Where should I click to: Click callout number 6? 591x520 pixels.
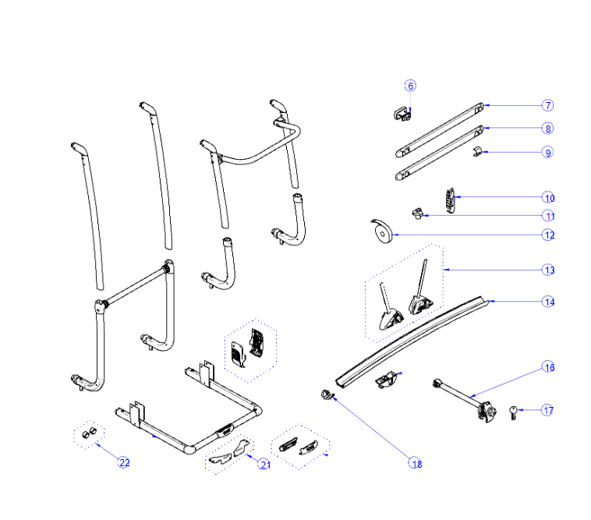tap(410, 86)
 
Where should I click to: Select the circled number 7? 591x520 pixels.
tap(547, 105)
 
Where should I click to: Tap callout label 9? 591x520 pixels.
tap(547, 153)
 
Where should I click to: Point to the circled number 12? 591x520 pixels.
tap(549, 235)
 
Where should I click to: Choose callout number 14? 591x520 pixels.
tap(549, 302)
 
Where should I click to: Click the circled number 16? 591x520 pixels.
tap(549, 367)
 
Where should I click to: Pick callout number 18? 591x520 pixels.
tap(416, 463)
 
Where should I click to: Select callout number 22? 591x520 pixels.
tap(124, 462)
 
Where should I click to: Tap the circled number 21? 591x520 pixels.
tap(264, 465)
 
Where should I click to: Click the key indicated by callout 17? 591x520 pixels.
tap(513, 412)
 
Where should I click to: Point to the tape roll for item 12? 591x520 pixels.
tap(382, 232)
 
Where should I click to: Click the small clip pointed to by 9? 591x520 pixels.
tap(477, 152)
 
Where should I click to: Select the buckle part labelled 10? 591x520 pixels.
tap(451, 200)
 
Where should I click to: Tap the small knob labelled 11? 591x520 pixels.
tap(417, 214)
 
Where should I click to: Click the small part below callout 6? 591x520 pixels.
tap(402, 114)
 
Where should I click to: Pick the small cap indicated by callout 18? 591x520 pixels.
tap(327, 395)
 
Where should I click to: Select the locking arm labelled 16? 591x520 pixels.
tap(465, 401)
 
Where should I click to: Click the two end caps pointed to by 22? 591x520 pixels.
tap(90, 433)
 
